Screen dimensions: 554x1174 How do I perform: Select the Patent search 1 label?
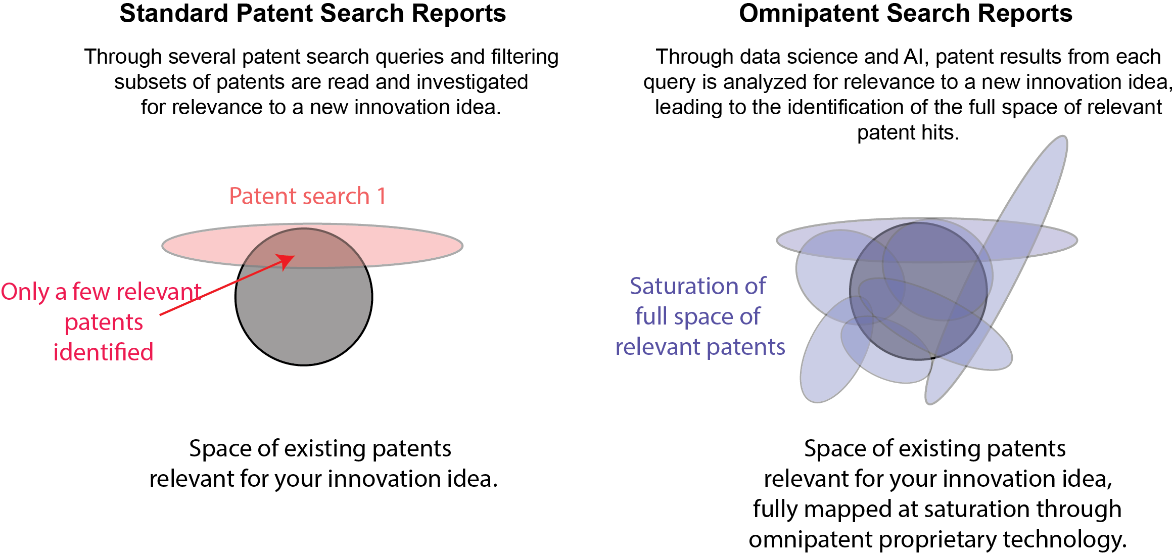(307, 196)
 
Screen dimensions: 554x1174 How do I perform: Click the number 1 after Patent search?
(382, 196)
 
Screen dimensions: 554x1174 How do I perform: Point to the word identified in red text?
(103, 352)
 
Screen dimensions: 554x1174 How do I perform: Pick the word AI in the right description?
(913, 57)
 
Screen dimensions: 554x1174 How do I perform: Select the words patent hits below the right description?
(908, 133)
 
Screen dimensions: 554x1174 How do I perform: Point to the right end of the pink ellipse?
(462, 246)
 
